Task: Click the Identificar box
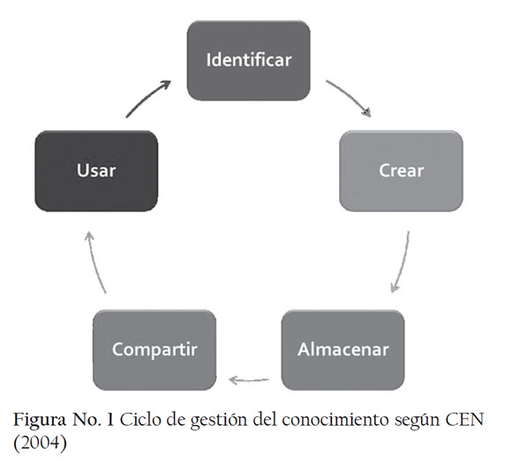(x=248, y=61)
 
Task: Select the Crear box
(x=402, y=171)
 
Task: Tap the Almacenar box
(x=343, y=350)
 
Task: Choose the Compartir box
(x=154, y=350)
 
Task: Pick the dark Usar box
(x=96, y=171)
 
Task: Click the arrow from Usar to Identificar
(x=147, y=97)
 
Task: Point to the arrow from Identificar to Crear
(x=350, y=96)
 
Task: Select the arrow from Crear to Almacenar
(x=403, y=262)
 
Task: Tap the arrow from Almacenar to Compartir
(x=249, y=380)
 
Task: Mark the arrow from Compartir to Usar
(x=94, y=262)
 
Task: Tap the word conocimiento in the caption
(x=335, y=420)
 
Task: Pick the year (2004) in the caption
(x=40, y=444)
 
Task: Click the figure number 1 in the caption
(x=110, y=420)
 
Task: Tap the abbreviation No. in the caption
(x=87, y=420)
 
